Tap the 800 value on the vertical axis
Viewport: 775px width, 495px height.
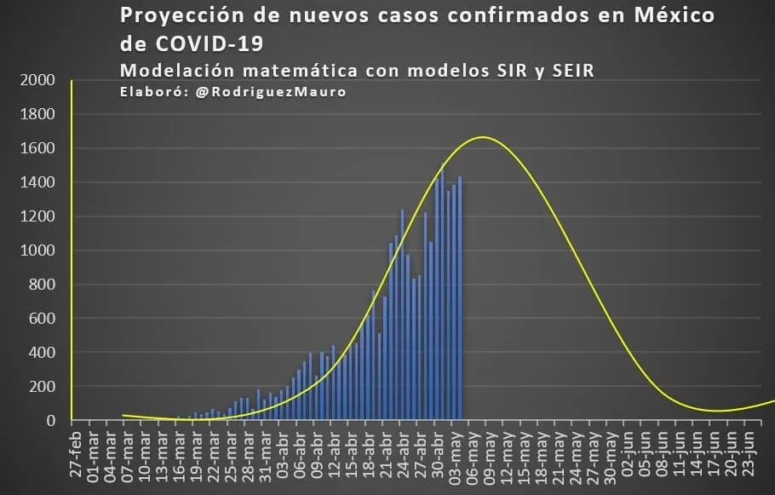[42, 285]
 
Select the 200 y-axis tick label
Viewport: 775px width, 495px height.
[42, 387]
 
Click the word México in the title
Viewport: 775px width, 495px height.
[667, 15]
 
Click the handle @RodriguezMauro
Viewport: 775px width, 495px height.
[271, 92]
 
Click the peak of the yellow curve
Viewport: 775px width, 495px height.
[483, 136]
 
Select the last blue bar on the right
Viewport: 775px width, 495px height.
[460, 298]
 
